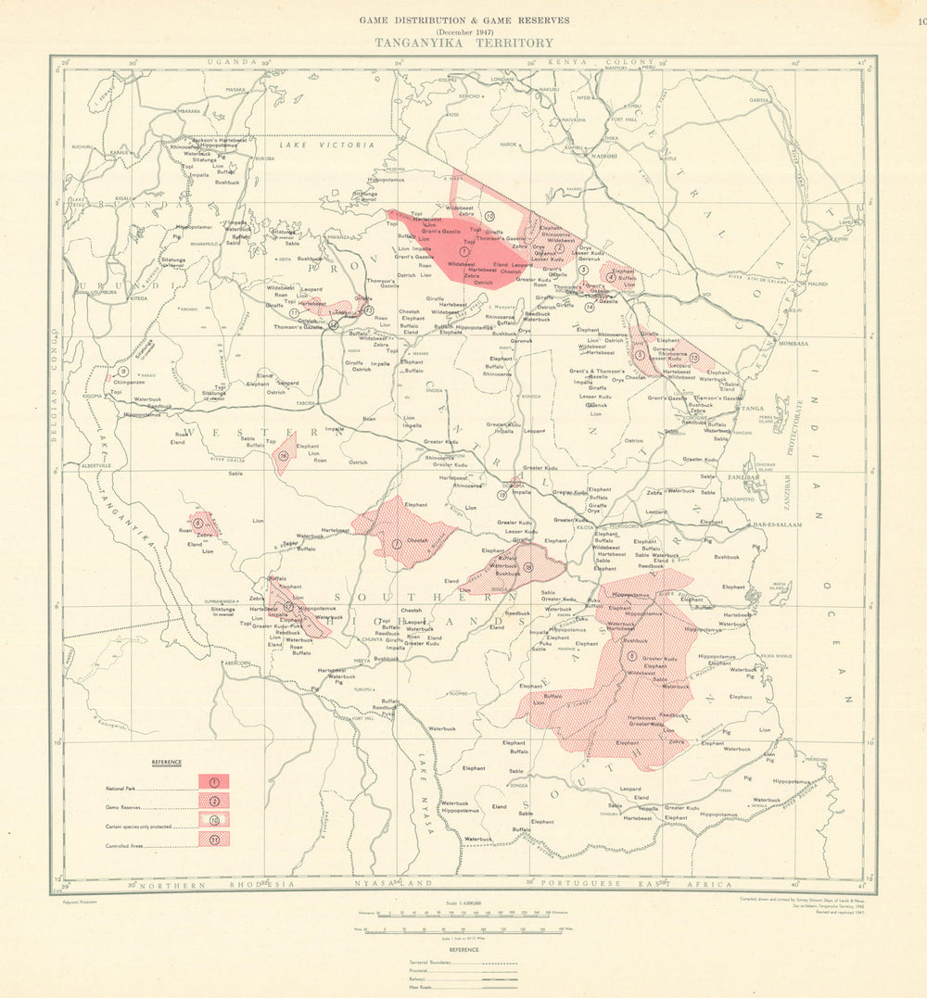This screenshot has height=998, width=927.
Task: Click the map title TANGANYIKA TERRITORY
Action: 463,43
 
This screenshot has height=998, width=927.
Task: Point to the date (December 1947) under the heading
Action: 463,31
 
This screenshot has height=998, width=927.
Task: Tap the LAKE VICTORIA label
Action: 327,145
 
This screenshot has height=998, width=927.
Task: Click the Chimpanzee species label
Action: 129,382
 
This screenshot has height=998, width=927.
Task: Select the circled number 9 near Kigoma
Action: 122,371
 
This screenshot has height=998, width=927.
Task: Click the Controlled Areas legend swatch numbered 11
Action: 213,840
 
